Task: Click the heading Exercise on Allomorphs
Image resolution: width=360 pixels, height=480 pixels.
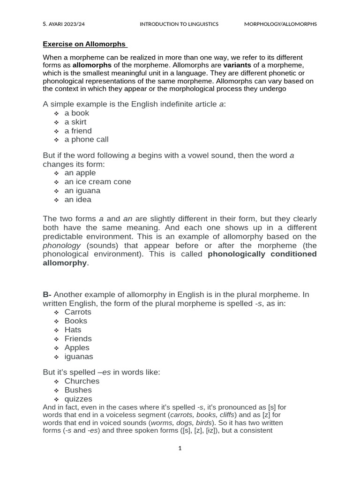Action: (x=84, y=44)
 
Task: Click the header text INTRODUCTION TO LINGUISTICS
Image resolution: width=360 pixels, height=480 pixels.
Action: (x=179, y=24)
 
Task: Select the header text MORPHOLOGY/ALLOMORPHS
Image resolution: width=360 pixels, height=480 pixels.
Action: (x=280, y=24)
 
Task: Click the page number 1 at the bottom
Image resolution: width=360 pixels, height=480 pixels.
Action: (x=180, y=449)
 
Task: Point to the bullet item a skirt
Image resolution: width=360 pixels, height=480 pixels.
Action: (x=75, y=122)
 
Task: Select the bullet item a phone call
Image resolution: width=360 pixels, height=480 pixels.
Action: (x=86, y=139)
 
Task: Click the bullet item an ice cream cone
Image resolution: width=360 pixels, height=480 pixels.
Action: (x=97, y=181)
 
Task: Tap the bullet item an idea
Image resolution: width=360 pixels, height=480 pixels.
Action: (x=78, y=199)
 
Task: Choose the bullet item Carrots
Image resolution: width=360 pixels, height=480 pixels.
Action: (x=78, y=312)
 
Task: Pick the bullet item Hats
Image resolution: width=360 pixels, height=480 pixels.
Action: (x=73, y=330)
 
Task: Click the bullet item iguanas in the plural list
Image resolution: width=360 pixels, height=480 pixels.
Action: (x=79, y=356)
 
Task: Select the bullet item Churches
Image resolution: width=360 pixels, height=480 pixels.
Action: (x=82, y=381)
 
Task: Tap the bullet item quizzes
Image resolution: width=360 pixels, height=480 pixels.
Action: (x=78, y=399)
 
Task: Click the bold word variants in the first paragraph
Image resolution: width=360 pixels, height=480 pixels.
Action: (x=237, y=65)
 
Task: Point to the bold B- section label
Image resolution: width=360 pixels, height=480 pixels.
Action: (x=47, y=294)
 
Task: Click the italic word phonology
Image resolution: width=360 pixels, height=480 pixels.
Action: (x=62, y=245)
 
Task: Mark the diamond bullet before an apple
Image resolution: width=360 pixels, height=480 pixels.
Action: (x=56, y=173)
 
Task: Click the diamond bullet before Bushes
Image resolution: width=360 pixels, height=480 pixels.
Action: (x=56, y=390)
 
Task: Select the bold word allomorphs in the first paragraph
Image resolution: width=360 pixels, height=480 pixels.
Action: (x=92, y=65)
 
